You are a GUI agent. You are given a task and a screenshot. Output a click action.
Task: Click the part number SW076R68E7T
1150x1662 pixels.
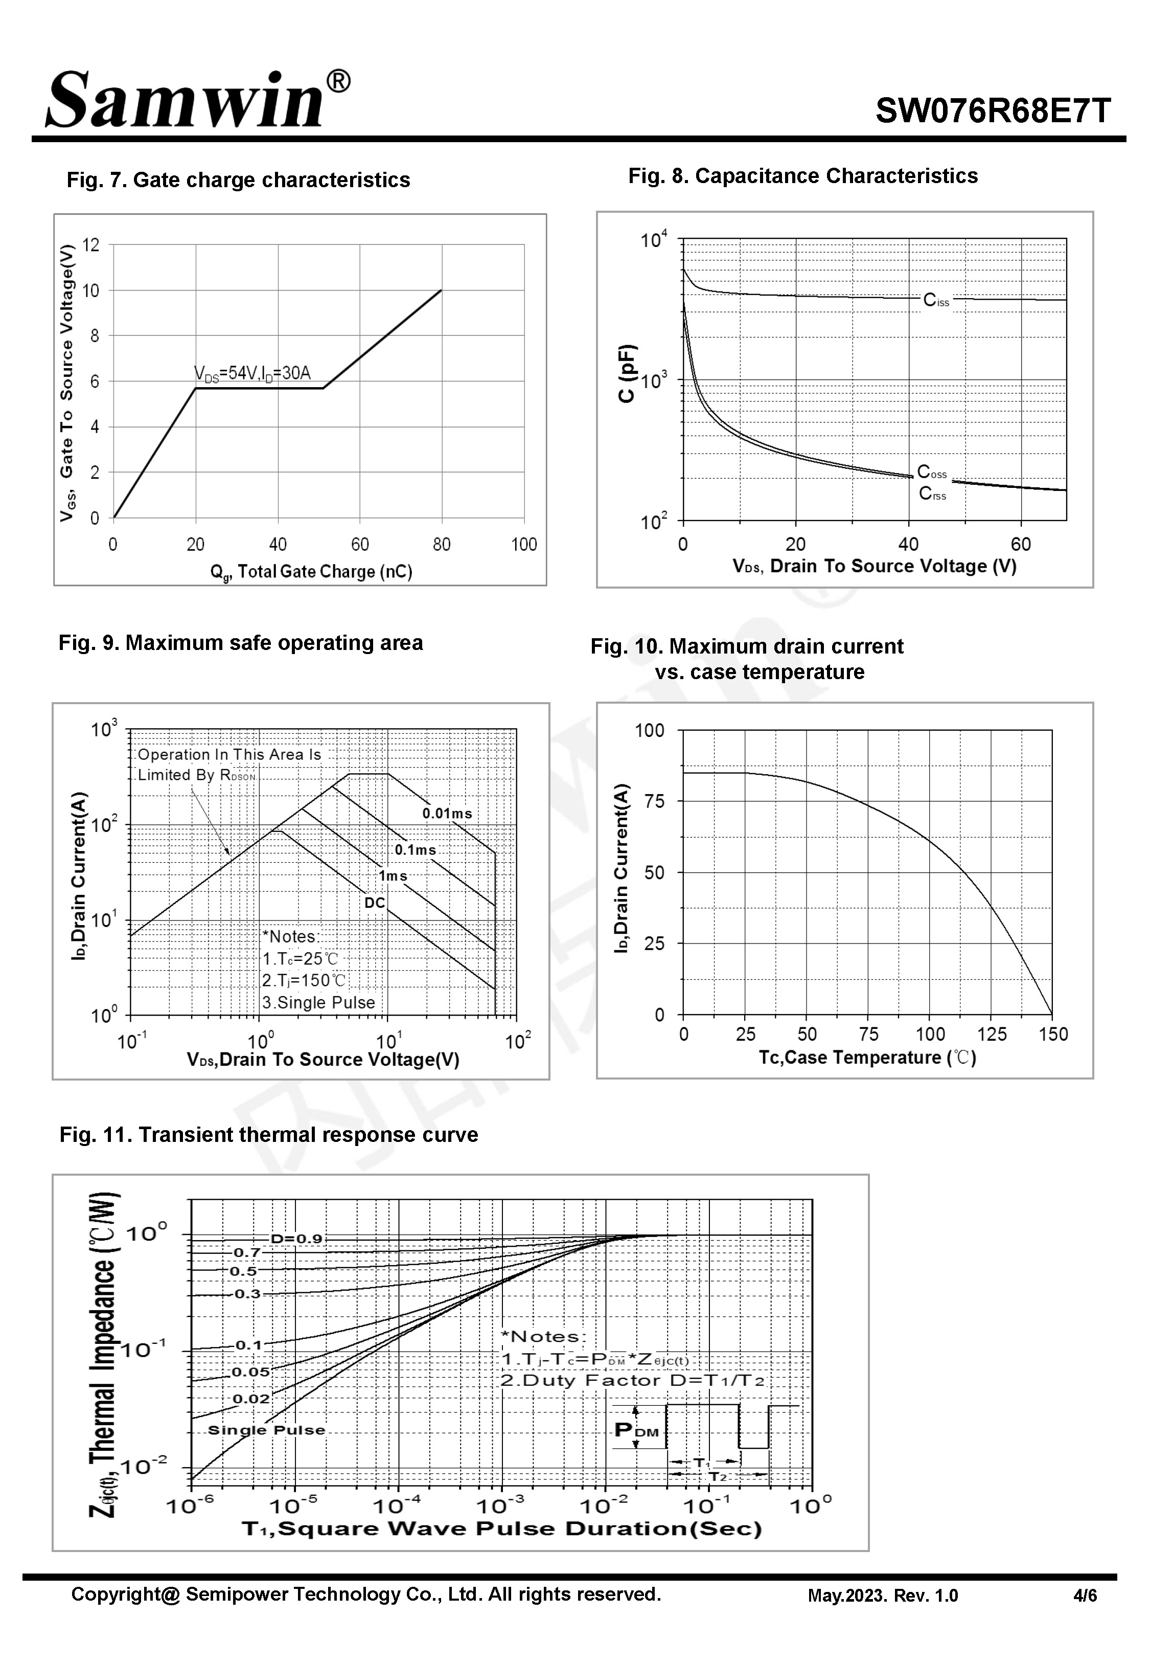(993, 111)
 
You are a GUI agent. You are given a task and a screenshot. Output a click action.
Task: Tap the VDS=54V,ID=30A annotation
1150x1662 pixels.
(252, 373)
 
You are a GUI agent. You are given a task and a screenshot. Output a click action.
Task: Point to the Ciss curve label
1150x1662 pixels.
(936, 301)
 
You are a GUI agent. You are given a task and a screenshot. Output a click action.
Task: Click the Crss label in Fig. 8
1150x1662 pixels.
(932, 495)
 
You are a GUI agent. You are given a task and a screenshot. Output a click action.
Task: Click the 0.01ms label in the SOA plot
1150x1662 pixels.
(447, 814)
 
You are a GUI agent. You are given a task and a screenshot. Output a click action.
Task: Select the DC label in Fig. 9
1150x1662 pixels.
(375, 903)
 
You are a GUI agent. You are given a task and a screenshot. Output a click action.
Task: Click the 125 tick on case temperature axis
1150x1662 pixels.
(992, 1034)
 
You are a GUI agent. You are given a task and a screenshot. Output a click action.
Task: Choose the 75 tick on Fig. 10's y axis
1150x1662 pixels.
(654, 801)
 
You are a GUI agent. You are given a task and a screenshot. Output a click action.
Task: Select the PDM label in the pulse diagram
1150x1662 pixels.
(637, 1431)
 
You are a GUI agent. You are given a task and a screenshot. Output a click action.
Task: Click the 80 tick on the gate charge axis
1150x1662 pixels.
(442, 545)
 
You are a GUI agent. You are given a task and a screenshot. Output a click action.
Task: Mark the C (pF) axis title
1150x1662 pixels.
(627, 373)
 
